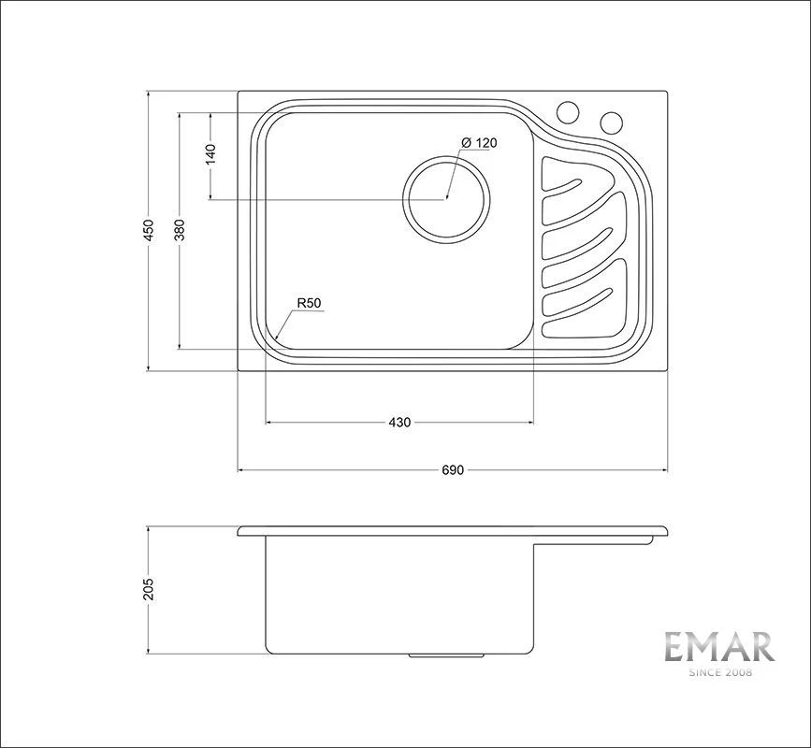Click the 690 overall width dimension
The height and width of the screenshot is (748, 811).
pos(453,470)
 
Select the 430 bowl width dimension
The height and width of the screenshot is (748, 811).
pos(399,423)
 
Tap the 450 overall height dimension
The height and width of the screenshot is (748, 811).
pos(149,231)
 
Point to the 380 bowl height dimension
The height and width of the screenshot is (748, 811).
pos(179,231)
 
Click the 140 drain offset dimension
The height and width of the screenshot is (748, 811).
pos(210,155)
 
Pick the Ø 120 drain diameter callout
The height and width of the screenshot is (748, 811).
pos(479,143)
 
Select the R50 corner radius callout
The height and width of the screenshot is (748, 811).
pos(310,304)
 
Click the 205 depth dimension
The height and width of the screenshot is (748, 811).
pos(149,589)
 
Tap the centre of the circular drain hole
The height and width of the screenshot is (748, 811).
pos(446,198)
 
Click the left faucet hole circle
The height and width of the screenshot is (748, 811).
pos(568,112)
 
